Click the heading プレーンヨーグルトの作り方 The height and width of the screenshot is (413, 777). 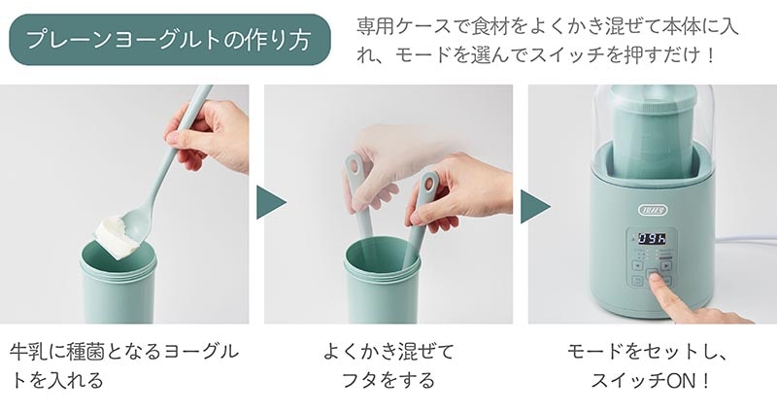point(169,40)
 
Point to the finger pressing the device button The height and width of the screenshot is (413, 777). point(680,296)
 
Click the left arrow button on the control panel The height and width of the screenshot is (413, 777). point(636,263)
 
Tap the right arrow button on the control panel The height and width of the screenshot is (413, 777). point(667,263)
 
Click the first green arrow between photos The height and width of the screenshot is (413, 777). point(271,204)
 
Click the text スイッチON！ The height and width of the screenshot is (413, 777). point(653,380)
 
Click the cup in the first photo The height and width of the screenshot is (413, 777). point(118,287)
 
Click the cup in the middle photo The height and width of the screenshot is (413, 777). point(383,287)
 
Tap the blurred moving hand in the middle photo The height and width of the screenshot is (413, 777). point(388,155)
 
